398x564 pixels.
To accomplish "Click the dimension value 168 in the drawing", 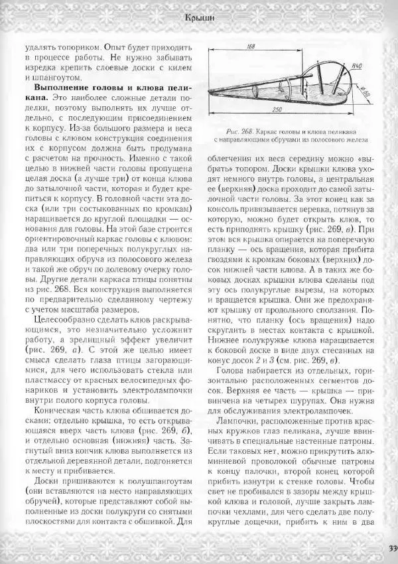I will [251, 46].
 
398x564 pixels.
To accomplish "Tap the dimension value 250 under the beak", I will [277, 109].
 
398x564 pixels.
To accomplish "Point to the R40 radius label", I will [355, 66].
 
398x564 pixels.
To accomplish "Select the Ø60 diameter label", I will [367, 93].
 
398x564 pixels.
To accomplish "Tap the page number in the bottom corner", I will [391, 548].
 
